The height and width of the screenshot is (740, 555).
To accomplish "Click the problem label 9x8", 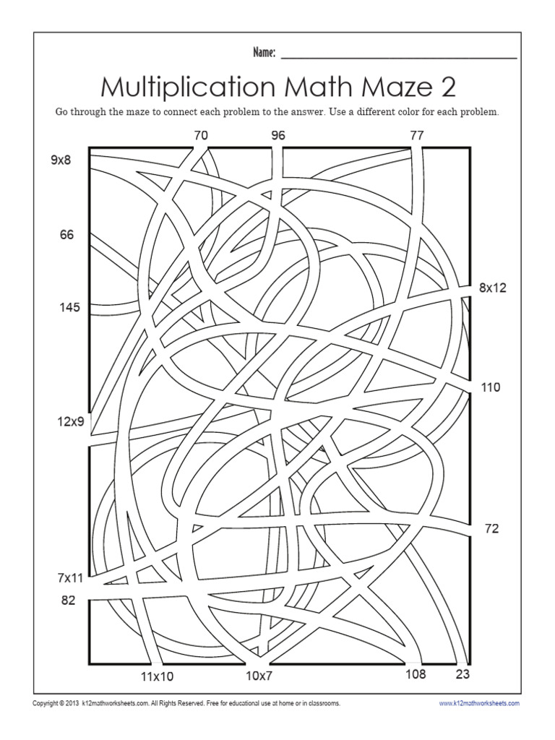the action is pos(61,160).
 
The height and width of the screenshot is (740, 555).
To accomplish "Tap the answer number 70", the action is pos(202,134).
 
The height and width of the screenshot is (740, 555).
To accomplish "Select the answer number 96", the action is pos(278,134).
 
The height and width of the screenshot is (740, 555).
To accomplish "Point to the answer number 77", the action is pos(416,134).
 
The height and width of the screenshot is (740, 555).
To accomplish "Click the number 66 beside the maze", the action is pos(66,234).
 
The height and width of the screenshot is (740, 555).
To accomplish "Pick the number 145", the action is pos(69,308).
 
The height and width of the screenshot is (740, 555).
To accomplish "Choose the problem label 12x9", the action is pos(72,421).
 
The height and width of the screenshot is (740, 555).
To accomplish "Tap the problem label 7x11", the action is pos(71,578).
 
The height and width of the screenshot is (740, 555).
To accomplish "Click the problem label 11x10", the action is pos(157,677).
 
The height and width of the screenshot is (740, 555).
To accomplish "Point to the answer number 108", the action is pos(415,675).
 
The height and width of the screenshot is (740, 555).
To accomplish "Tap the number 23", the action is pos(462,675).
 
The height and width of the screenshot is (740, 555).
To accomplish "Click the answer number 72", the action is pos(491,529).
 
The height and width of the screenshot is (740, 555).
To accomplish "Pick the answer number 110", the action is pos(491,387).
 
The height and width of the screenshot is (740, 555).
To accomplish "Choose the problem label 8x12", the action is pos(493,288).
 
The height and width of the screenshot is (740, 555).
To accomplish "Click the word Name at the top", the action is pos(264,52).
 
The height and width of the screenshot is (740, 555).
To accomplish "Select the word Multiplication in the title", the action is pos(188,87).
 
